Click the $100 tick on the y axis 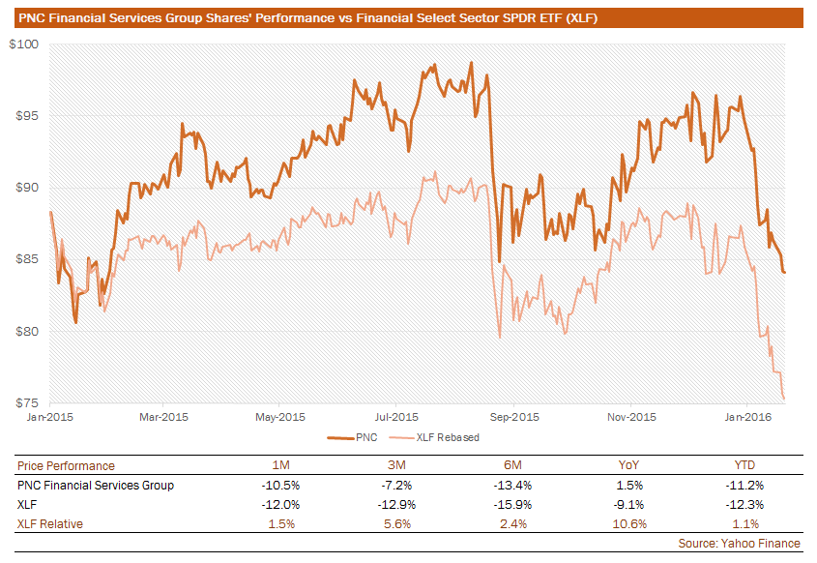tap(24, 44)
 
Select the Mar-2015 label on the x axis tap(163, 418)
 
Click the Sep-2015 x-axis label tap(513, 418)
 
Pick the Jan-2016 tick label tap(745, 418)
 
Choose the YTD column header tap(741, 465)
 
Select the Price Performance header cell tap(66, 465)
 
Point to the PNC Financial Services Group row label tap(96, 485)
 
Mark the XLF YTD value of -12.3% tap(741, 504)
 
